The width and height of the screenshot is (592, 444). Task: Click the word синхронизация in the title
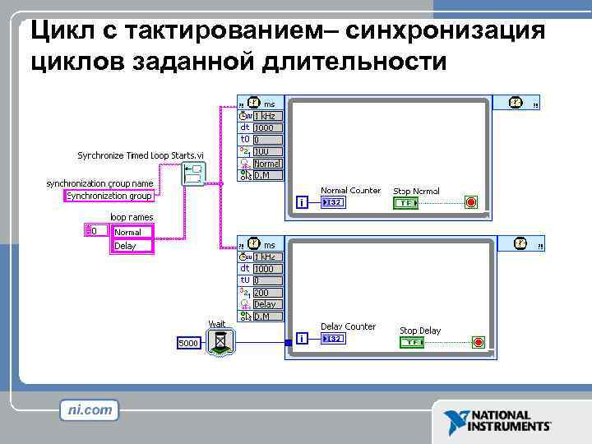coord(446,30)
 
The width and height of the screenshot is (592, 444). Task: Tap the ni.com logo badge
coord(90,409)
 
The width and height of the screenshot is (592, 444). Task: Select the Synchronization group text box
coord(109,196)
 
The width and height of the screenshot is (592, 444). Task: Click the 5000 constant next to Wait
coord(188,342)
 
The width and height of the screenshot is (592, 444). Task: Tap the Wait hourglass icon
coord(220,341)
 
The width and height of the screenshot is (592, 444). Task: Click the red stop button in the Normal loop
coord(471,202)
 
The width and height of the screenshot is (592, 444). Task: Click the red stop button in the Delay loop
coord(479,342)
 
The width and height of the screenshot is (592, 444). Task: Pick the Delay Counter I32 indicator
coord(333,338)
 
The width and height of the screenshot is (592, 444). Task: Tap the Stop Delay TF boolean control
coord(412,342)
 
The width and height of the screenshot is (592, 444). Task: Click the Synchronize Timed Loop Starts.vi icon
coord(194,174)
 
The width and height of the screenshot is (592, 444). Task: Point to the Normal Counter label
coord(350,191)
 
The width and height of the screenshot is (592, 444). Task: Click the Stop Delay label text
coord(420,331)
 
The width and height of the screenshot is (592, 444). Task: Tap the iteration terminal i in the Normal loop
coord(303,202)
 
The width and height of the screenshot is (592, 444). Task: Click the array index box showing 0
coord(95,231)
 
